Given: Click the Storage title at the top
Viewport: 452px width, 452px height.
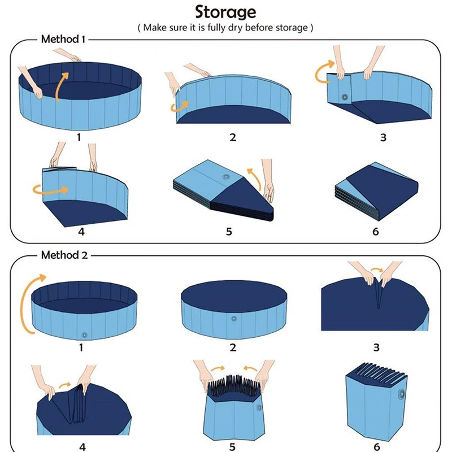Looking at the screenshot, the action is point(225,12).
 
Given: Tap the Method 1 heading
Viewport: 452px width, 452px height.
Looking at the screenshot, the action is point(63,39).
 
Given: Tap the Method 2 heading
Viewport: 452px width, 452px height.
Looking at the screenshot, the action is point(64,255).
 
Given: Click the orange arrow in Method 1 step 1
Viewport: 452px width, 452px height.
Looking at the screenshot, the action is point(60,86).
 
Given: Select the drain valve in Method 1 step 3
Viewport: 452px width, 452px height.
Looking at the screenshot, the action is point(345,97).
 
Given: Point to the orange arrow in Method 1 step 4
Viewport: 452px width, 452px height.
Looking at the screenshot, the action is point(51,190).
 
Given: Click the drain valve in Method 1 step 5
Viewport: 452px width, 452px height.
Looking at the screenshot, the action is point(225,176).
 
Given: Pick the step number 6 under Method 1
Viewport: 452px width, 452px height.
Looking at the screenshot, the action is point(376,232).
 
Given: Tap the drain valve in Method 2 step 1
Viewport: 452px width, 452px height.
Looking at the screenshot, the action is point(84,335).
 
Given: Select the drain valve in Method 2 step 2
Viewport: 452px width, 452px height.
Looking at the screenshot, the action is point(234,319).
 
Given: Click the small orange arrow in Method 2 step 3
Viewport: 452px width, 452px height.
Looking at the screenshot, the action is point(377,270).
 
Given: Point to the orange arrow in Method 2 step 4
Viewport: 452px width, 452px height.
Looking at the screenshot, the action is point(65,385).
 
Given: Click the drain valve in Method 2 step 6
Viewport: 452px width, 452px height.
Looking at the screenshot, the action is point(401,394).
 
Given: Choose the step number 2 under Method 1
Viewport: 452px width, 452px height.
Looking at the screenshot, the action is point(233,137).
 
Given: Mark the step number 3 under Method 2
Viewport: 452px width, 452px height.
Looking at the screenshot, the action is point(376,347).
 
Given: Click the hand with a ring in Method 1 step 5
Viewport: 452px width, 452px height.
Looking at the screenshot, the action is point(268,179).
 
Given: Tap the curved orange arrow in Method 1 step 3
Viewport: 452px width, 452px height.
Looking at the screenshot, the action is point(322,72).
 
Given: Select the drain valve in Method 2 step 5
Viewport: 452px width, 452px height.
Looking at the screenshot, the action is point(259,407).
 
